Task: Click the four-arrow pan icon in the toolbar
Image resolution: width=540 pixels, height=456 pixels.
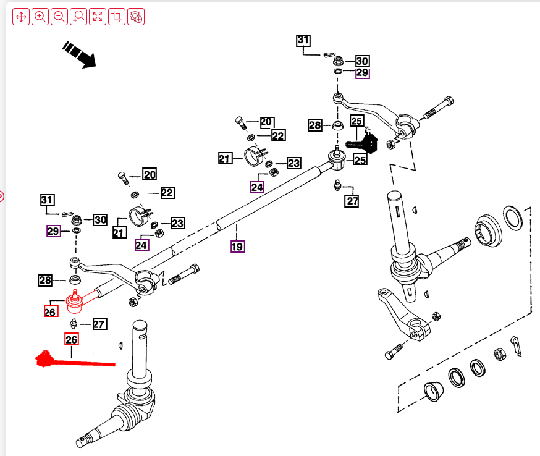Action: [20, 17]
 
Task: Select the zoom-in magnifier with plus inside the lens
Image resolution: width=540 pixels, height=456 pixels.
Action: [40, 17]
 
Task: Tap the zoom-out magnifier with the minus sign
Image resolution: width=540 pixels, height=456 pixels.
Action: [59, 17]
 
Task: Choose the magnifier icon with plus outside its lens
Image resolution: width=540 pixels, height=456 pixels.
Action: [78, 17]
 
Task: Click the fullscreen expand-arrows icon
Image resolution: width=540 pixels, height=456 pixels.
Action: [98, 17]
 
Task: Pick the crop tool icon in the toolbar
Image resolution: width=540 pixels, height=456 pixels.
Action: [117, 17]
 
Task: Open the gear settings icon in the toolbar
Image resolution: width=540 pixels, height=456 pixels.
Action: [136, 17]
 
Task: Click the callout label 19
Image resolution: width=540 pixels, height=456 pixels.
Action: [237, 246]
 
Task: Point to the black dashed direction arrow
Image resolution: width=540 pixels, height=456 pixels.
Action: [80, 54]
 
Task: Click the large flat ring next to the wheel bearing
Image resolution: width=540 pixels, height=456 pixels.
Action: [512, 217]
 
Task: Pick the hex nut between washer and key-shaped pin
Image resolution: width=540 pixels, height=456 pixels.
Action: [498, 355]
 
